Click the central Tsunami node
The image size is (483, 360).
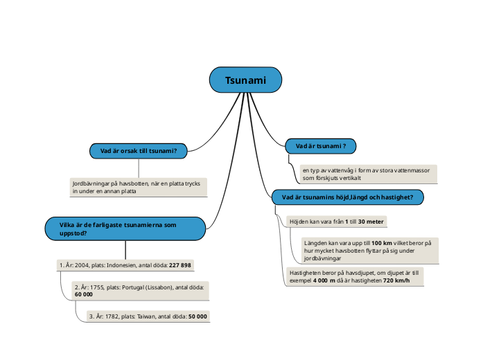(245, 80)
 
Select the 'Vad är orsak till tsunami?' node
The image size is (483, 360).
(139, 151)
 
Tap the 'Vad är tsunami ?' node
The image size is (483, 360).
(320, 146)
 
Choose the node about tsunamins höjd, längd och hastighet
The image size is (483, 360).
(347, 197)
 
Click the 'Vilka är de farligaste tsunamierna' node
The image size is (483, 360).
(125, 228)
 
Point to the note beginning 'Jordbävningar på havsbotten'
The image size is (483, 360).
(139, 188)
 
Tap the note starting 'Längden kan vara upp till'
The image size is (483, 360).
(368, 251)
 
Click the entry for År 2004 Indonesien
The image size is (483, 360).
(125, 265)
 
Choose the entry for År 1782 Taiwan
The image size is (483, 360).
(148, 316)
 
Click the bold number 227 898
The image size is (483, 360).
(180, 265)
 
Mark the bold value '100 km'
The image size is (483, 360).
(382, 244)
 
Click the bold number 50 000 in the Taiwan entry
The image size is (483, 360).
(197, 316)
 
